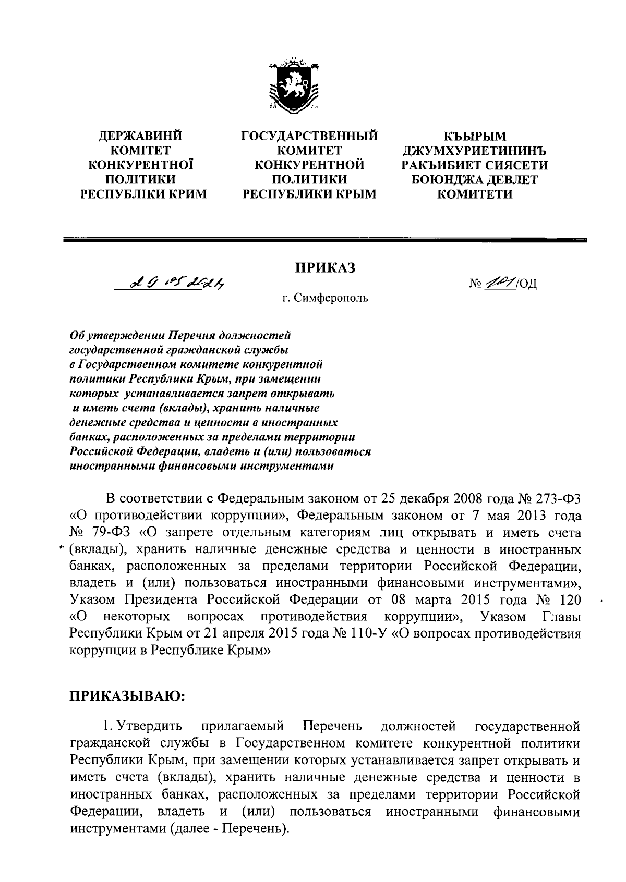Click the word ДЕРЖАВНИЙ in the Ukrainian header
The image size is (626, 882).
(x=141, y=136)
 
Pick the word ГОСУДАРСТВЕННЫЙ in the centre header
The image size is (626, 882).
(x=309, y=136)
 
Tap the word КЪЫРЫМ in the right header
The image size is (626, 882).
(x=474, y=136)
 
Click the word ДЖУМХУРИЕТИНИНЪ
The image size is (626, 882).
(x=474, y=151)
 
